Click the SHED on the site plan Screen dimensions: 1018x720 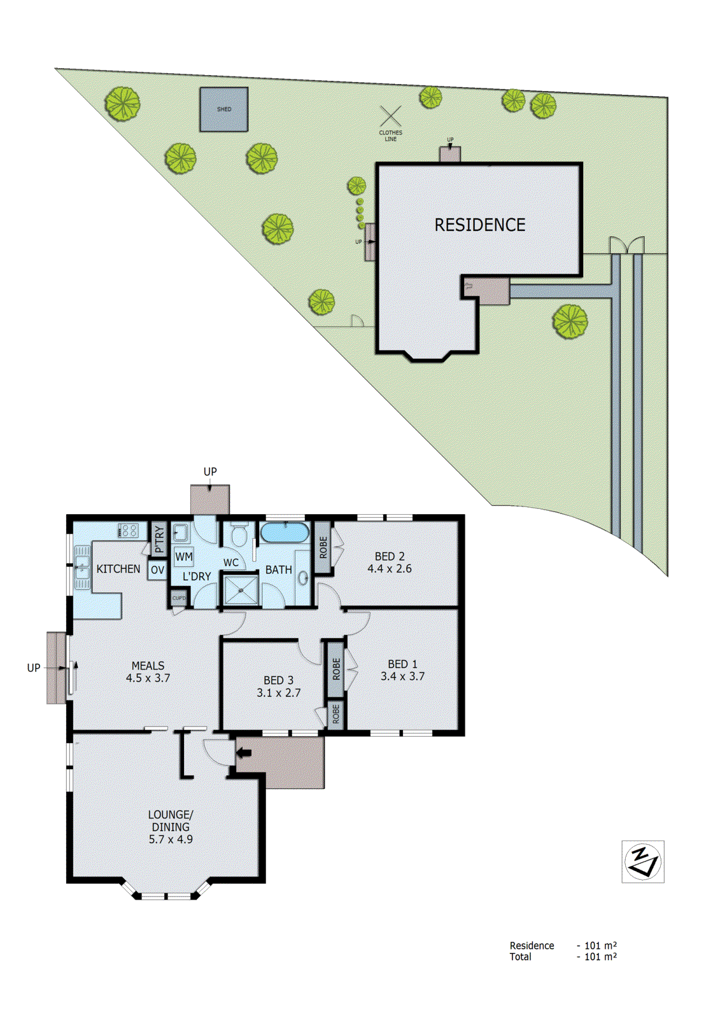[224, 109]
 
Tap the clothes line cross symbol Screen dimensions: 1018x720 [391, 116]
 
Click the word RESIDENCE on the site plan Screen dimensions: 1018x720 [479, 225]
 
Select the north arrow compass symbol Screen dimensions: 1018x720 [643, 861]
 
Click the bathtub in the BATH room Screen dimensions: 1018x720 [285, 533]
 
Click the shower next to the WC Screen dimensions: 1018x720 [241, 590]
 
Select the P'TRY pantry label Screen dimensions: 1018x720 [159, 540]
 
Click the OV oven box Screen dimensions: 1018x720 [157, 570]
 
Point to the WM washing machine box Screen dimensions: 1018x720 [184, 557]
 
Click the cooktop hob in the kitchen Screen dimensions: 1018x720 [129, 530]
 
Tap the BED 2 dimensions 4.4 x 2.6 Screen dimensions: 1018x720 [389, 569]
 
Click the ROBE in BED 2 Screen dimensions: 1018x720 [323, 547]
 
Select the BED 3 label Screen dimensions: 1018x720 [278, 680]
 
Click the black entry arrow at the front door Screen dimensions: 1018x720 [244, 753]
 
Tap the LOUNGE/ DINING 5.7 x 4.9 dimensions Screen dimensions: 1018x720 [171, 839]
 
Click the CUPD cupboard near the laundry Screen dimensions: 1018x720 [179, 598]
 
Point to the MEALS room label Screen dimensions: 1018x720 [148, 666]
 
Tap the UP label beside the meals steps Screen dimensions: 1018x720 [34, 667]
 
